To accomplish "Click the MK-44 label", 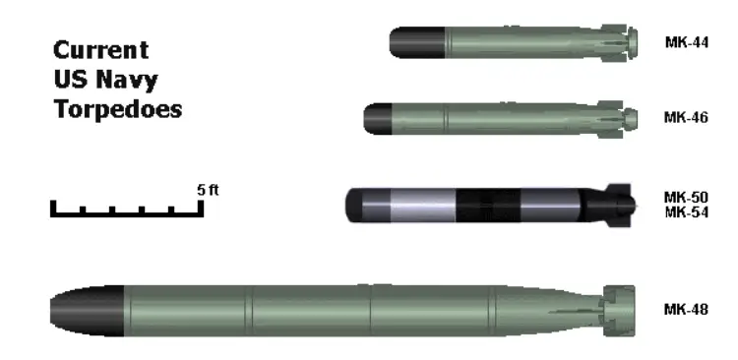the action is (686, 42).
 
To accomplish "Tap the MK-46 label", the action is (686, 117).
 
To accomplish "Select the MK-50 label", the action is (686, 197).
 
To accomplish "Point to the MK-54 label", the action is (686, 212).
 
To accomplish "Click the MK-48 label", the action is (686, 310).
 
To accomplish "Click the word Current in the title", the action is (101, 50).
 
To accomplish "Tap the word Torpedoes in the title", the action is (118, 109).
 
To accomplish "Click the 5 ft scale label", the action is (208, 190).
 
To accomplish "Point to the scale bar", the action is (127, 214).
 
